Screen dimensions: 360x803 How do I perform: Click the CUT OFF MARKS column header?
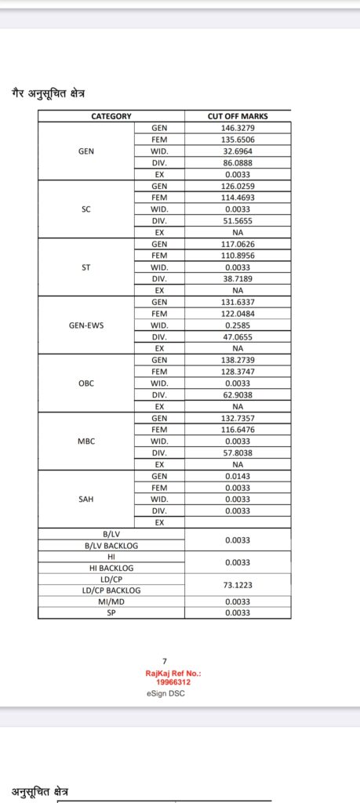click(238, 116)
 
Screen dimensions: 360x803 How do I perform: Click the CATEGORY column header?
click(111, 116)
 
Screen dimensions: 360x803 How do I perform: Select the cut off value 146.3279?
click(238, 128)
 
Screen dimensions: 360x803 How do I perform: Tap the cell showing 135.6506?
click(238, 140)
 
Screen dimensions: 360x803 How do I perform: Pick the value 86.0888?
click(238, 162)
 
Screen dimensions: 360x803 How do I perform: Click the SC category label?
click(86, 209)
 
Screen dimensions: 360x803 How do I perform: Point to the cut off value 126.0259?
click(238, 186)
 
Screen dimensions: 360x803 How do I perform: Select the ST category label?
click(86, 267)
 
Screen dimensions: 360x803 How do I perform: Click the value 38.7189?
click(238, 278)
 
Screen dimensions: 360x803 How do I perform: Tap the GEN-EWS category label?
click(86, 325)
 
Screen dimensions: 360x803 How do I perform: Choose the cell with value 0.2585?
click(238, 325)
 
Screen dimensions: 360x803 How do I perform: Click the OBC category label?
click(86, 383)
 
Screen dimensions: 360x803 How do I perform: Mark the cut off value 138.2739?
click(238, 359)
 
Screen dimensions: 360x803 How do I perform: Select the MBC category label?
click(86, 441)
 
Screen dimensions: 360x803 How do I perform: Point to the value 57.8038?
click(238, 452)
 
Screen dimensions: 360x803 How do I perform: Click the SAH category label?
click(86, 499)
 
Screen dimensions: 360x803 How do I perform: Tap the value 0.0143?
click(238, 475)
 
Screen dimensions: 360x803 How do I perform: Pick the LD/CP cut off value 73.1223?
click(238, 584)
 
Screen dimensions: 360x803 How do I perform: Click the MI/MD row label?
click(111, 601)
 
